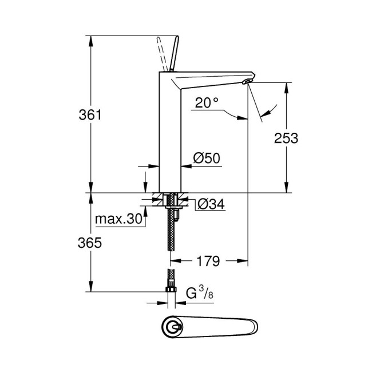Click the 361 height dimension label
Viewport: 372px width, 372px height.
90,115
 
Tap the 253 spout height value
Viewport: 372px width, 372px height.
286,138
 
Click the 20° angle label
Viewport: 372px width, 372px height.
207,103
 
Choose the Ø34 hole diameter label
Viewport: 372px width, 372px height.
209,204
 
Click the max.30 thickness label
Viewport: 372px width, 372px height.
117,219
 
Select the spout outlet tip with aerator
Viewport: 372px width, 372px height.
247,83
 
